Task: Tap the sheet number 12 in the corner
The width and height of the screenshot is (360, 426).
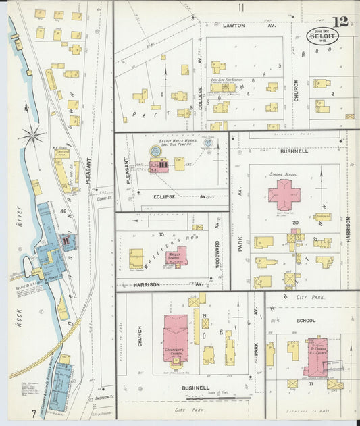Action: tap(340, 21)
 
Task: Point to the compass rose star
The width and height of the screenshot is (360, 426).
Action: tap(32, 136)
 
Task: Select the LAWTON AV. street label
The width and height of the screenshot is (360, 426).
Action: tap(240, 25)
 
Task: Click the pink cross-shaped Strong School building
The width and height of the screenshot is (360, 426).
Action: tap(284, 194)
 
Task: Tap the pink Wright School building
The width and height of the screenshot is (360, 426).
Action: tap(178, 257)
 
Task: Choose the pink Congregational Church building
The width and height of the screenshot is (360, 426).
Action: tap(176, 338)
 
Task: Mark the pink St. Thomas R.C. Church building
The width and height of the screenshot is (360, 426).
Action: tap(315, 356)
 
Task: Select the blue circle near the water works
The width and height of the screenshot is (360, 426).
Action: tap(208, 142)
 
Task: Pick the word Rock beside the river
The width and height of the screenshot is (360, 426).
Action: tap(18, 317)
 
